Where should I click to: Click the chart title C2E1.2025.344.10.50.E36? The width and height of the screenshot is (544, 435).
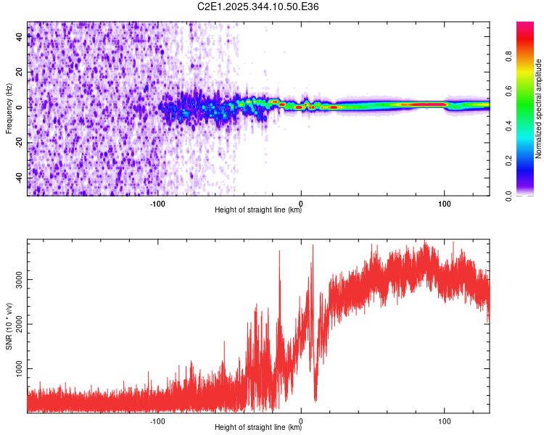258,7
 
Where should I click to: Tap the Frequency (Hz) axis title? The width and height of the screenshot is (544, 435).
9,109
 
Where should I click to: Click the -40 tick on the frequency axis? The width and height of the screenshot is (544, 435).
20,178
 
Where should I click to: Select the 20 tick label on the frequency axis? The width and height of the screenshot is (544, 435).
20,72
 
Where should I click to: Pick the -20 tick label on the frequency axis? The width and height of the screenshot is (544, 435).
20,143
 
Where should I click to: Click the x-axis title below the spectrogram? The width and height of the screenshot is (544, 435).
258,211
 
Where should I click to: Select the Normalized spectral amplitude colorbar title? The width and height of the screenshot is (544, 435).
539,109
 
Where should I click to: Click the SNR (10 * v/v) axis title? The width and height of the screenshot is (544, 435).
9,327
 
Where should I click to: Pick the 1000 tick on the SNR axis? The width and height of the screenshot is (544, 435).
20,369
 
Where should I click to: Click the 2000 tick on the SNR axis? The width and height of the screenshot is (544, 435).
20,324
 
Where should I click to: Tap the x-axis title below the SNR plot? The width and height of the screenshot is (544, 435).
258,428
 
